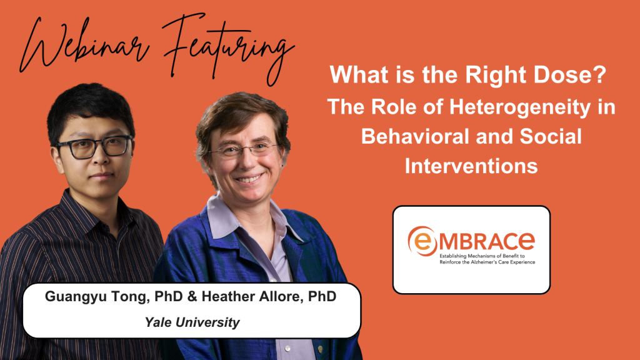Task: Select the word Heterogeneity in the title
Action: point(520,107)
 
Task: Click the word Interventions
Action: point(471,166)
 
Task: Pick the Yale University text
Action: point(192,322)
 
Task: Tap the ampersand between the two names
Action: point(192,296)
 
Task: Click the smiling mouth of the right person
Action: point(249,179)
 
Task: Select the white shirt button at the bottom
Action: point(288,349)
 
